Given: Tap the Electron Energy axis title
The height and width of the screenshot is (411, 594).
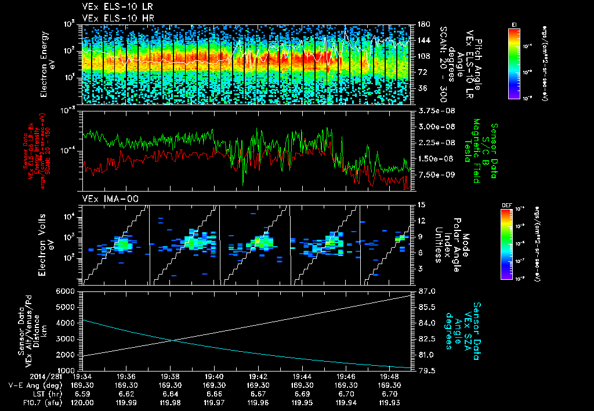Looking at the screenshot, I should tap(46, 64).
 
